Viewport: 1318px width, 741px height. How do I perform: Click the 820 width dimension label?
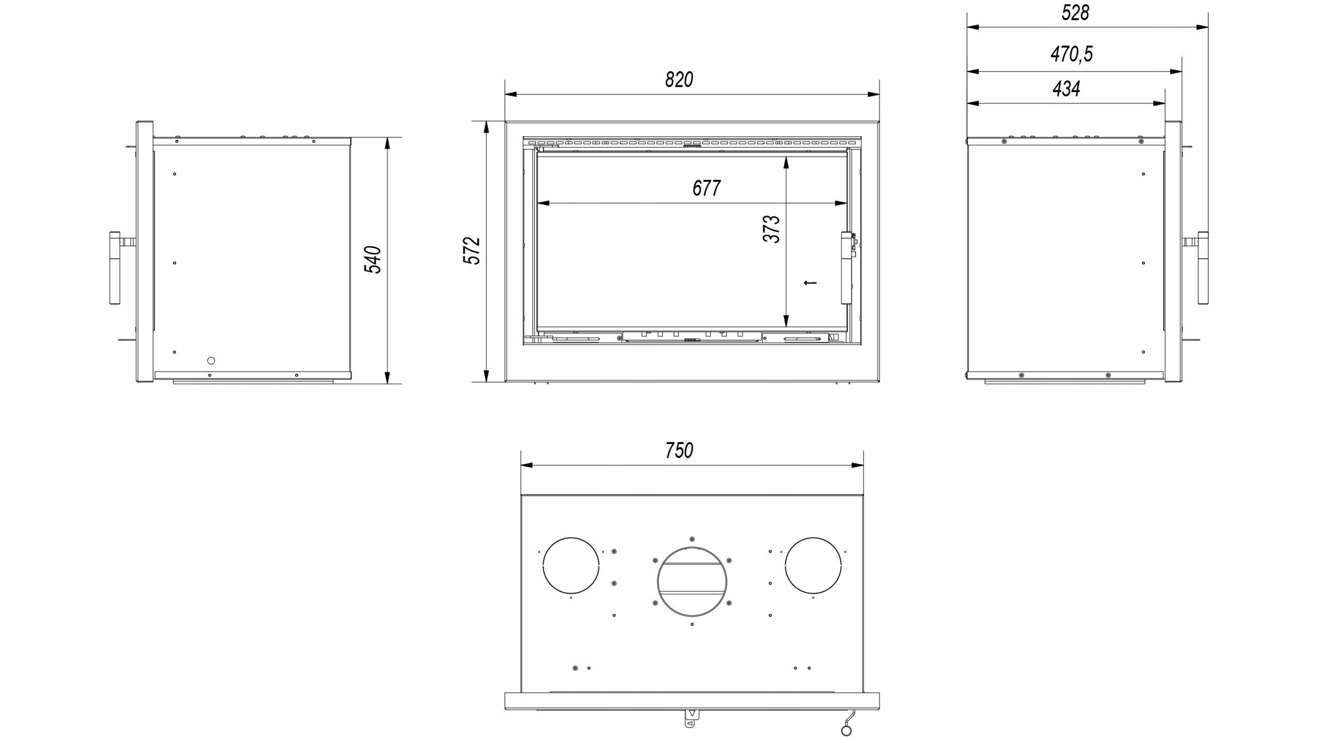[679, 80]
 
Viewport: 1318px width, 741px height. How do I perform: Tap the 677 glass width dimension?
[706, 188]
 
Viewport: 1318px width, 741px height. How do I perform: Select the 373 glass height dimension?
[771, 229]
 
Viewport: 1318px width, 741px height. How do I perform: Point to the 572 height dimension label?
[472, 251]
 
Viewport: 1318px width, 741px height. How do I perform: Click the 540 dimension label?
[373, 260]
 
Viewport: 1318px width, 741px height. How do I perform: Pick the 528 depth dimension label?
[1076, 13]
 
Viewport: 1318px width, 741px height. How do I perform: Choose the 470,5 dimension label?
[1071, 54]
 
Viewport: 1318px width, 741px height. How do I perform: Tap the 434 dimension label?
[1066, 89]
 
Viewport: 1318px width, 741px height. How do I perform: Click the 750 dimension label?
[679, 451]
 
